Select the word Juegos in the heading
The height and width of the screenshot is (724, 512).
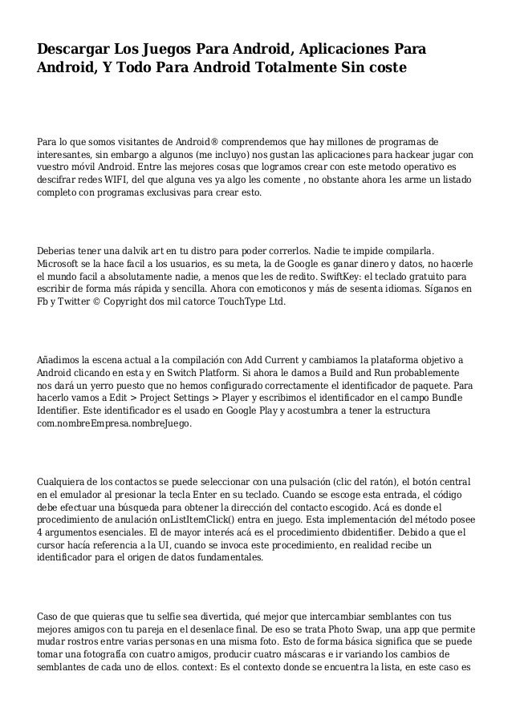click(185, 51)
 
